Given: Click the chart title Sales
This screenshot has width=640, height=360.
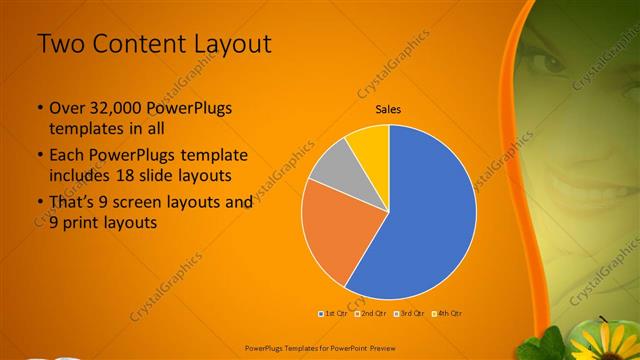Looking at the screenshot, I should [388, 109].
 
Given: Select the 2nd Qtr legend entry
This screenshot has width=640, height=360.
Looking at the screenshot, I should [370, 313].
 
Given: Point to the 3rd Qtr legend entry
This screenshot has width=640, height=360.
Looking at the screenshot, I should [406, 313].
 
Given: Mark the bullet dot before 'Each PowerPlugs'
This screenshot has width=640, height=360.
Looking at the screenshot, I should [40, 156].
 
